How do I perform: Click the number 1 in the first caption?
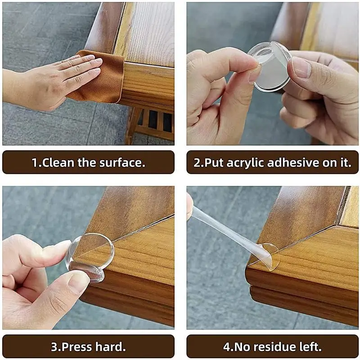(35, 162)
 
